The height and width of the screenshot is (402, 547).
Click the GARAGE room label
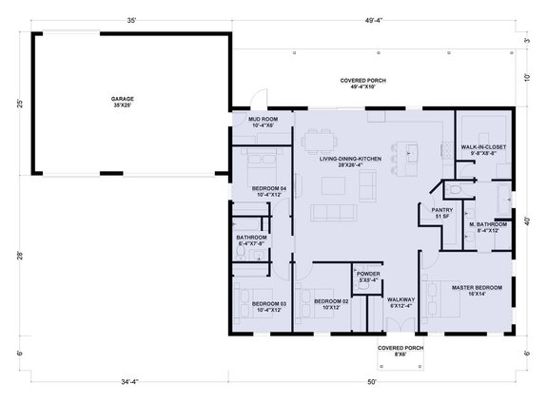click(x=122, y=100)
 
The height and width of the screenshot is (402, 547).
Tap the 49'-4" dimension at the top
click(x=385, y=20)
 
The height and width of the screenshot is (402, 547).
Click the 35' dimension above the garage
click(x=130, y=20)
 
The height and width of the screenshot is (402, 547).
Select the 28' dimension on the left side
click(x=19, y=255)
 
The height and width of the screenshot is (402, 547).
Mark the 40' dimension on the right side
click(x=526, y=221)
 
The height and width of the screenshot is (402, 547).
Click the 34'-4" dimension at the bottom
click(x=130, y=381)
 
